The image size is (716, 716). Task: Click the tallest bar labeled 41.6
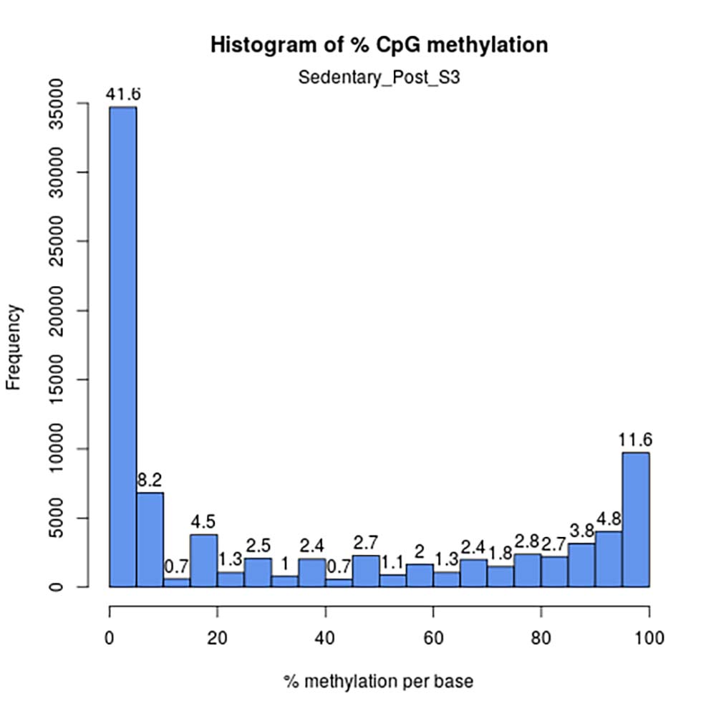(x=122, y=347)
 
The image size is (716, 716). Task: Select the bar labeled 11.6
(x=636, y=519)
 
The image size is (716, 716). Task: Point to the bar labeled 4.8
(x=609, y=558)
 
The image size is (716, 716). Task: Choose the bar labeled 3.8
(x=581, y=565)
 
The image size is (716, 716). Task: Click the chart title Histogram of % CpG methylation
(x=379, y=45)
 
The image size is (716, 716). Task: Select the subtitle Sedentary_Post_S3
(x=379, y=77)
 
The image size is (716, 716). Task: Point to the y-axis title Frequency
(x=14, y=347)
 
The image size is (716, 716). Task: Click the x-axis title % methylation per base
(x=379, y=681)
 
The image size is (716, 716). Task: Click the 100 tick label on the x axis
(x=649, y=636)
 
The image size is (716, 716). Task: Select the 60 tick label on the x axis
(x=433, y=636)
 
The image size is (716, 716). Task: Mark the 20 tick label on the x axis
(x=218, y=636)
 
